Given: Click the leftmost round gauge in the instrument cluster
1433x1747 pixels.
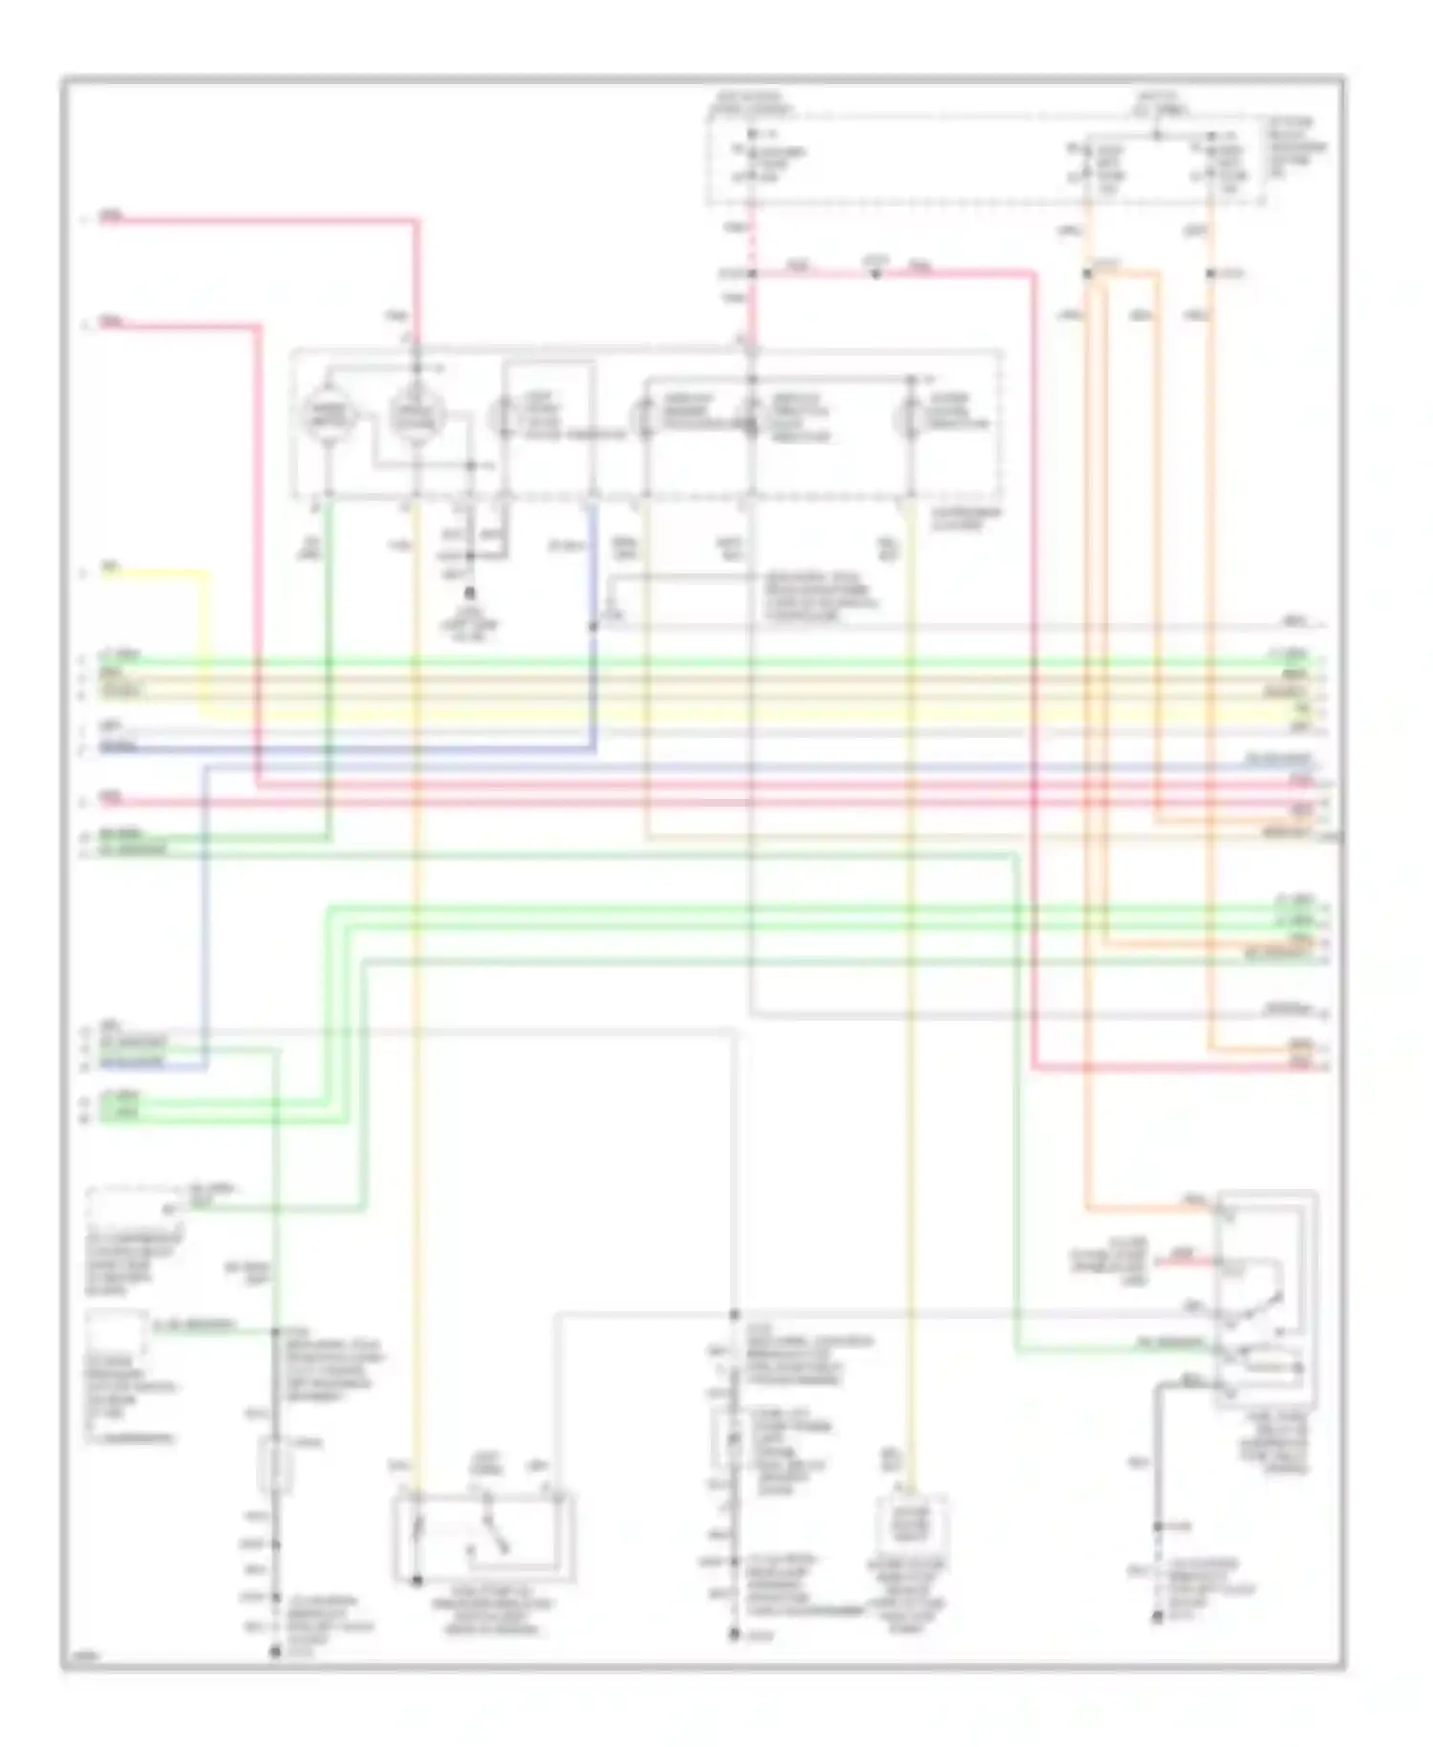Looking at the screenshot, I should pos(329,417).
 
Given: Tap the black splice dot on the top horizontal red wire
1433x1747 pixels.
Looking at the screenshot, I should pos(875,275).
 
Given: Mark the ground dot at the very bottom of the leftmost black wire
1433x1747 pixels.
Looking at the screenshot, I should pos(275,1650).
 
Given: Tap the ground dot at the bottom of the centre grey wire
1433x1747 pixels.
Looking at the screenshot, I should pos(734,1635).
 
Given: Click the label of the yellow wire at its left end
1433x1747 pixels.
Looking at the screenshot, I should pos(111,571).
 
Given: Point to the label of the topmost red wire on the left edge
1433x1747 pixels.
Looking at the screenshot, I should pos(112,218).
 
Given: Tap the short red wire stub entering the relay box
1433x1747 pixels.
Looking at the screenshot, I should pos(1185,1260).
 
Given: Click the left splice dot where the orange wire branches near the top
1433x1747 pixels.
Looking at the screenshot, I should pos(1087,274).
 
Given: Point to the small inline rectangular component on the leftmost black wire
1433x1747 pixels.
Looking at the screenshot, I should pos(275,1467).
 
